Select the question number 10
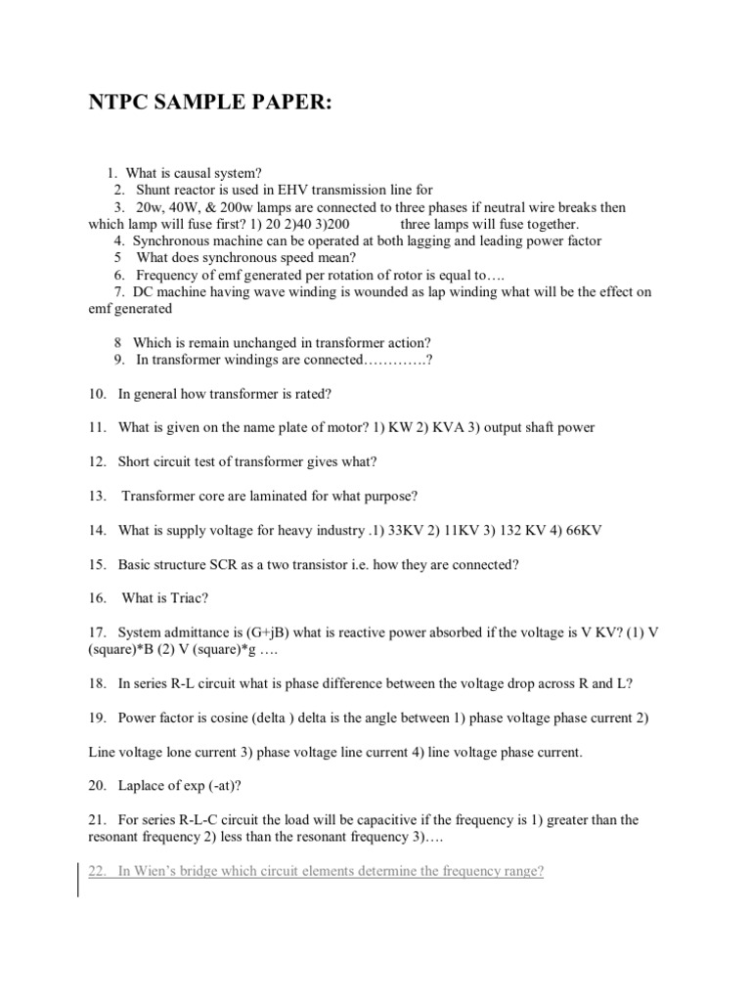coord(96,394)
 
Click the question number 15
coord(96,564)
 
